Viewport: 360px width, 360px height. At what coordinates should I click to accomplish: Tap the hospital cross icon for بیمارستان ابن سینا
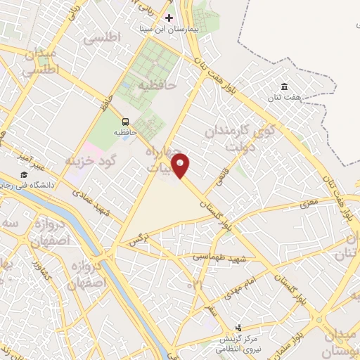(x=169, y=17)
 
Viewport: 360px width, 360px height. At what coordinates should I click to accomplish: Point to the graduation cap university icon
(x=24, y=174)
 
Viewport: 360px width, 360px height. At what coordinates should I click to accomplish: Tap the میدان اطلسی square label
(x=38, y=63)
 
